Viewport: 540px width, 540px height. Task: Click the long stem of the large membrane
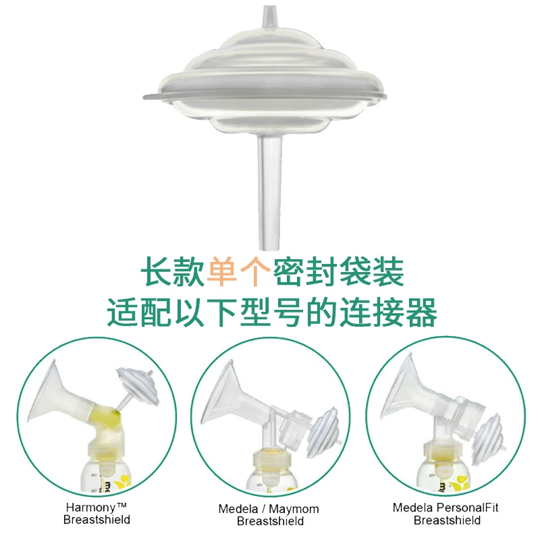(x=269, y=193)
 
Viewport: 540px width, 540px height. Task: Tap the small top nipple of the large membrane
(x=269, y=18)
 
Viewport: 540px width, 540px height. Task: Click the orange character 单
(x=222, y=272)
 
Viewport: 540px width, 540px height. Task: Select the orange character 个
(x=255, y=272)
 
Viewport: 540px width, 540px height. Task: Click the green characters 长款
(x=173, y=272)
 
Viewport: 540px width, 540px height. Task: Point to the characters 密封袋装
(x=338, y=272)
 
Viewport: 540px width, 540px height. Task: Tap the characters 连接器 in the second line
(x=388, y=313)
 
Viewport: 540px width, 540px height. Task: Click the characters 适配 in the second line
(x=139, y=313)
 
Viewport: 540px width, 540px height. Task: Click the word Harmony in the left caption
(x=91, y=508)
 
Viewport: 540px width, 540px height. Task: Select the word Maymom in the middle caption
(x=294, y=509)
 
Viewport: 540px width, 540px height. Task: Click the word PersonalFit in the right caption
(x=466, y=508)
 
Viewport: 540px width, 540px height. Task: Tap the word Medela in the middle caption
(x=238, y=509)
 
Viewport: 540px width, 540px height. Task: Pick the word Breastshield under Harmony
(x=97, y=519)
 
